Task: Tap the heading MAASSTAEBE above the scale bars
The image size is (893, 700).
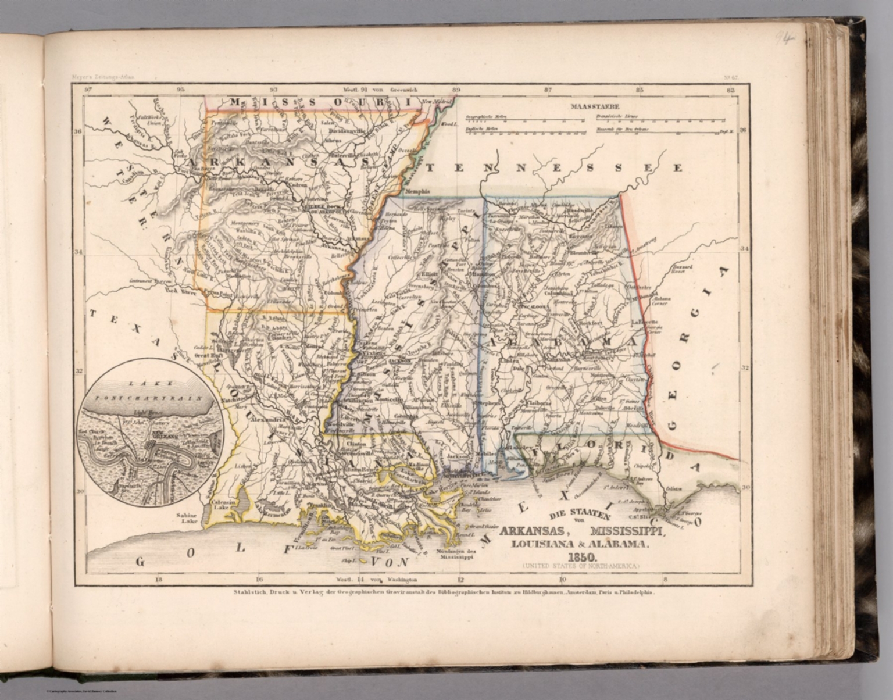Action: point(595,106)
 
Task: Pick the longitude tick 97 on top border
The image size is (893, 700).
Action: point(88,90)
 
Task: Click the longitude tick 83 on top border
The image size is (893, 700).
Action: point(731,90)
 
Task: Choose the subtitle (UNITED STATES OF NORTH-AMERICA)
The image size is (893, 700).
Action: point(580,565)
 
